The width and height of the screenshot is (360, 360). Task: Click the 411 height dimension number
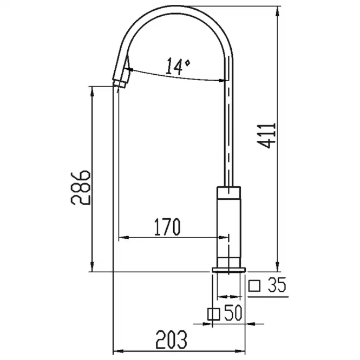pos(266,136)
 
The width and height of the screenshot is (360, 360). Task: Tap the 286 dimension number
pos(80,187)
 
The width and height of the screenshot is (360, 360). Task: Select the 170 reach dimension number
pos(167,227)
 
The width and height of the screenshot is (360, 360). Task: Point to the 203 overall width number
pos(171,340)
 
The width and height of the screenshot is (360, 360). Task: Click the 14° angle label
pos(178,67)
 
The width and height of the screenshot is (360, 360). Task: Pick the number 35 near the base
pos(277,285)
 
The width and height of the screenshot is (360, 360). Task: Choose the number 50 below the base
pos(233,312)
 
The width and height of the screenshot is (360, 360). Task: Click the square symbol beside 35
pos(254,286)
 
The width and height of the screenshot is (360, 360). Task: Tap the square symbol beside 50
pos(213,314)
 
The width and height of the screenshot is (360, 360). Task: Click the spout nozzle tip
pos(120,83)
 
